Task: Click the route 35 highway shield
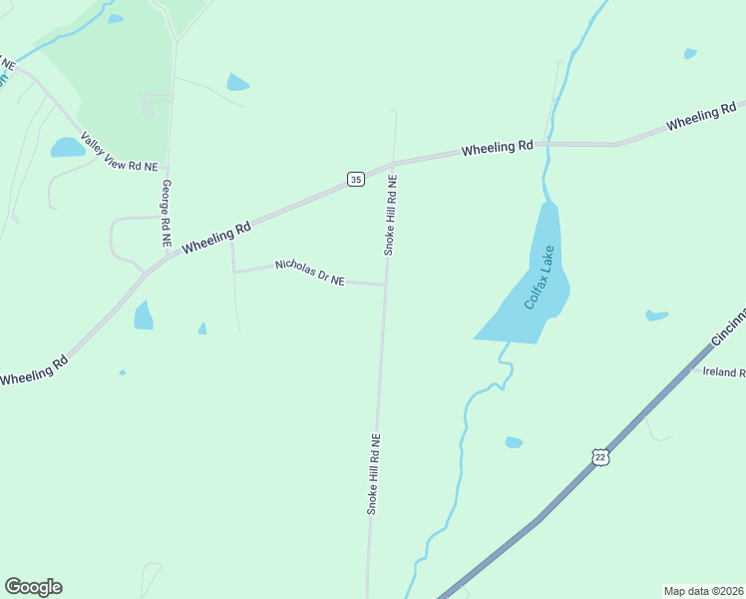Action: (x=355, y=179)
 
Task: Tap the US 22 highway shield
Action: (x=599, y=456)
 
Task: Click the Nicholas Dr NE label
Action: (x=309, y=274)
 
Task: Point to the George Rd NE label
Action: (x=166, y=214)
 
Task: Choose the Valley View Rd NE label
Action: (x=120, y=152)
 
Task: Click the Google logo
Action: (x=33, y=587)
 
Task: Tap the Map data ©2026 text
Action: (x=703, y=591)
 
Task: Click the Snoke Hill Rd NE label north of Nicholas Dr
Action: (x=391, y=216)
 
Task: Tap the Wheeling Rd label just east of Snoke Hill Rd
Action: (x=497, y=148)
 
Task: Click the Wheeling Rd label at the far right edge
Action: (x=701, y=116)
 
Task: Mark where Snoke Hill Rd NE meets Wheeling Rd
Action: (x=394, y=162)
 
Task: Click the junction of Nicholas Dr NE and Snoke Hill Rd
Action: (x=386, y=285)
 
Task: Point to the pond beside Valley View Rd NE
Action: (x=68, y=148)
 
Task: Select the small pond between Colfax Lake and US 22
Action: (x=514, y=442)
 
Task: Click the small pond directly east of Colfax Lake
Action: (x=656, y=315)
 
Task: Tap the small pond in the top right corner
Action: (x=690, y=53)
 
